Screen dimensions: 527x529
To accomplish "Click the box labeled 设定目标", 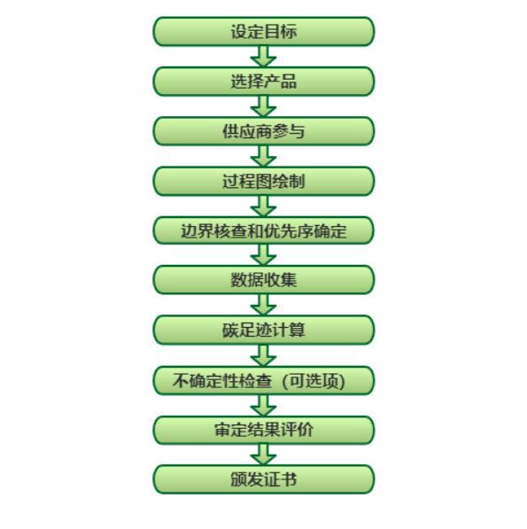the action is tap(264, 31).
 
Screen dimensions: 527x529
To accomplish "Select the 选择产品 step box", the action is tap(264, 82).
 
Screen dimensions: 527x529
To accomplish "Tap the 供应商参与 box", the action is tap(264, 131).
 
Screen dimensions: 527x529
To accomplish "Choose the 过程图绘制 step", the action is tap(264, 181).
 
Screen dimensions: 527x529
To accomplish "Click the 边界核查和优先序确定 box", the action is tap(264, 230).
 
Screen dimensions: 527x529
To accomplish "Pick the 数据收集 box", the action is tap(264, 280).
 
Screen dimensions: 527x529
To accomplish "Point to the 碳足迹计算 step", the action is tap(264, 330).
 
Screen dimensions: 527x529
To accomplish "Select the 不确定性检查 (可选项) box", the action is tap(264, 380).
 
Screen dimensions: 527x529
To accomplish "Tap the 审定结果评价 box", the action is tap(264, 430).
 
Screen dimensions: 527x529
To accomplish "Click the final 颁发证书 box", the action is tap(264, 479).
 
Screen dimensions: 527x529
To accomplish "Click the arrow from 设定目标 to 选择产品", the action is tap(263, 57).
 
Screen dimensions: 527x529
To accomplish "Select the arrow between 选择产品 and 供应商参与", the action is tap(263, 106).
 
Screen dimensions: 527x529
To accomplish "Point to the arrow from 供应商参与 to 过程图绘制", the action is tap(263, 156).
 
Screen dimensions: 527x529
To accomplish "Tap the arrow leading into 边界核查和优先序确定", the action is tap(263, 206).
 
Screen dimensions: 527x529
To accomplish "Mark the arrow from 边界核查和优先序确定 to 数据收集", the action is tap(263, 255).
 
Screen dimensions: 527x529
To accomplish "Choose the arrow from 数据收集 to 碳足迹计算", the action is tap(263, 305).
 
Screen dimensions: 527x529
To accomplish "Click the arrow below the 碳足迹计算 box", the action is tap(263, 355).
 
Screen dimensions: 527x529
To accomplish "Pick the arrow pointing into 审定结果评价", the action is tap(263, 406).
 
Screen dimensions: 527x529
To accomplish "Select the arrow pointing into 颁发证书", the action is tap(263, 455).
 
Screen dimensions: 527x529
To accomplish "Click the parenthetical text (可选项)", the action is tap(314, 381).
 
